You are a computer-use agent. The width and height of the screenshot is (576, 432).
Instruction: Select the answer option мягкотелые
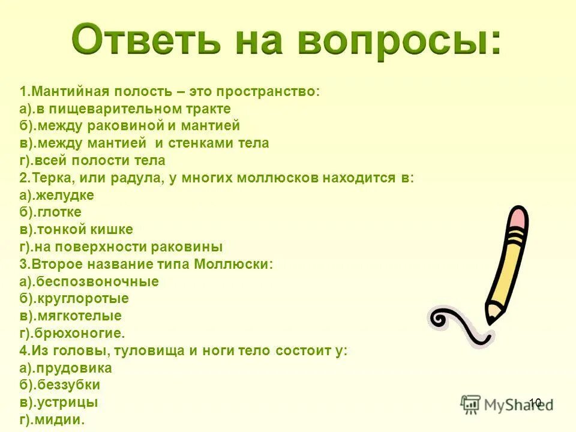click(x=78, y=316)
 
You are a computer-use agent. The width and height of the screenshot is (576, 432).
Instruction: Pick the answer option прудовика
click(x=73, y=368)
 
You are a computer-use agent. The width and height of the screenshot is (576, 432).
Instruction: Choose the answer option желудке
click(x=65, y=195)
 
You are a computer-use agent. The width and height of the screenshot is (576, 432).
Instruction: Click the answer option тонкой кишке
click(x=84, y=229)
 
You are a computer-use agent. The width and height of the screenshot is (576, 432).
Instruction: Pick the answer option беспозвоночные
click(x=97, y=281)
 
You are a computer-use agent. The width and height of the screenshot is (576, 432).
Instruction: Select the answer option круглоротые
click(x=82, y=298)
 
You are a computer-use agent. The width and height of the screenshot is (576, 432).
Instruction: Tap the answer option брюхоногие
click(x=80, y=333)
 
